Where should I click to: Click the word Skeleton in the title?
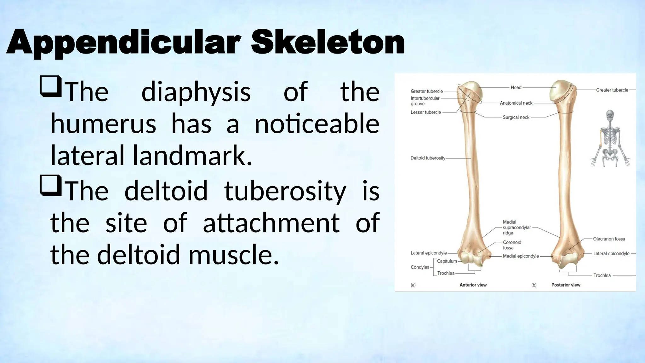click(328, 43)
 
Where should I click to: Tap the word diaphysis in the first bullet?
click(196, 92)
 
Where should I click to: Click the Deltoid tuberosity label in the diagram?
click(428, 158)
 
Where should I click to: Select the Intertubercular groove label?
click(425, 101)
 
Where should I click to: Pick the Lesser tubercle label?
click(425, 112)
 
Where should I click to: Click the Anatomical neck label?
click(516, 103)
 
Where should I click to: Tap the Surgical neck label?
click(516, 117)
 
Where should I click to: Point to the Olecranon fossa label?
click(609, 239)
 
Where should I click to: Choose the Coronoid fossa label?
click(512, 245)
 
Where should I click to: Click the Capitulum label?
click(447, 261)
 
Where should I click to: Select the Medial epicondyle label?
click(521, 256)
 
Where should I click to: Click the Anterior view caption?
click(473, 285)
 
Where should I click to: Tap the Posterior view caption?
click(566, 285)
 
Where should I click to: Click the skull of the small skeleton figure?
click(610, 115)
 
